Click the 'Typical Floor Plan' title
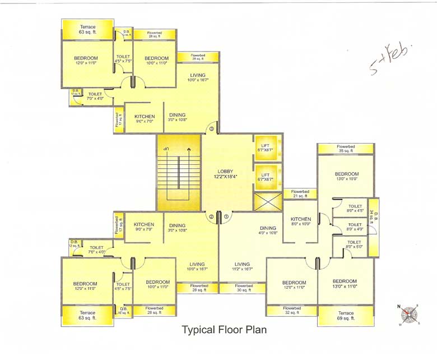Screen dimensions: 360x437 coord(224,330)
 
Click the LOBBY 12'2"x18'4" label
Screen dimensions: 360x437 coord(227,174)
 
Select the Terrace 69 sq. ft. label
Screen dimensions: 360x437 coord(346,316)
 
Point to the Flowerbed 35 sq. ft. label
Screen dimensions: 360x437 coord(346,149)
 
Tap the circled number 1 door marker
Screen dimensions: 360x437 coord(226,216)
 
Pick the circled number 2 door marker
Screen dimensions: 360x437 coord(211,216)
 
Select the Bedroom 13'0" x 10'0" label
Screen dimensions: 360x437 coord(346,177)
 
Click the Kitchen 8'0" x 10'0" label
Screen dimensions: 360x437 coord(301,221)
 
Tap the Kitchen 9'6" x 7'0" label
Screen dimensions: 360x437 coord(145,119)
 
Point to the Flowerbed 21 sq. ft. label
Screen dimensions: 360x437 coord(300,194)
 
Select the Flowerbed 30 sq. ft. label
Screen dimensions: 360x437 coord(243,288)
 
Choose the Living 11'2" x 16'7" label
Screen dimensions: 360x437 coord(242,267)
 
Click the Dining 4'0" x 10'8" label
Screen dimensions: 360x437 coord(268,230)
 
